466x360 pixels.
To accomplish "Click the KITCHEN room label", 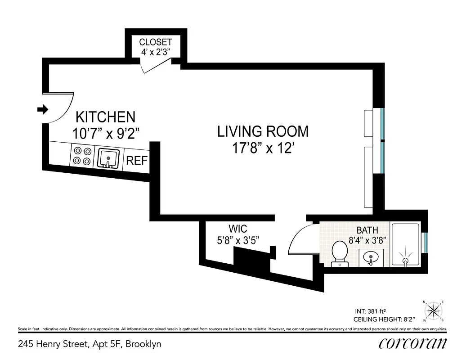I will (105, 117).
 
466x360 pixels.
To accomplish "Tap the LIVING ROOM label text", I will (263, 131).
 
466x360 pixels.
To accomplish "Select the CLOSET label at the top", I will (155, 42).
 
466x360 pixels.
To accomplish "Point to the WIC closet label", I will (237, 229).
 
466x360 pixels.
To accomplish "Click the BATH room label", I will (367, 230).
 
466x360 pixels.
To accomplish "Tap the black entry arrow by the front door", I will (43, 109).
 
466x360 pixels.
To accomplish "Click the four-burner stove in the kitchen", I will (82, 156).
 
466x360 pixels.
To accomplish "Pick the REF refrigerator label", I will (136, 161).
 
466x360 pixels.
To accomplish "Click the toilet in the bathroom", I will (339, 253).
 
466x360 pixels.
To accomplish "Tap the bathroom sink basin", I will (371, 257).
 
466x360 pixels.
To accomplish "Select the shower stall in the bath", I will (405, 244).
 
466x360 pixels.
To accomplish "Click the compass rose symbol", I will (433, 310).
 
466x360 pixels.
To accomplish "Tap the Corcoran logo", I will (412, 343).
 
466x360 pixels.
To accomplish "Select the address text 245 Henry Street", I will (89, 344).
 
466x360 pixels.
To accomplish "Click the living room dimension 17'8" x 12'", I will (263, 148).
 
